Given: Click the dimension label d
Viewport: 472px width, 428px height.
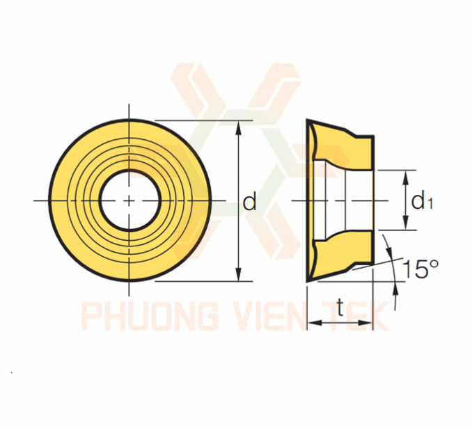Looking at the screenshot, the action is coord(249,201).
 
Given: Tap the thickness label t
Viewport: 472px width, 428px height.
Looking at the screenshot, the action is coord(340,307).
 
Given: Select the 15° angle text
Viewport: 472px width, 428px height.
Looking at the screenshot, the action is coord(420,269).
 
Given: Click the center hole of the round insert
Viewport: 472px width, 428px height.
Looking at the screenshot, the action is coord(129,200).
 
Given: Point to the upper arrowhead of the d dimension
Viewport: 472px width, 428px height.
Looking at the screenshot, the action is coord(239,127).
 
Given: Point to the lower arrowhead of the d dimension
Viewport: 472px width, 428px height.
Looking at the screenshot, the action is coord(239,274).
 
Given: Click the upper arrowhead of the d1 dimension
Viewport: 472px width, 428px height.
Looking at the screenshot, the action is coord(406,177).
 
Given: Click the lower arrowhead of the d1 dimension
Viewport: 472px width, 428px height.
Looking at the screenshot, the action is coord(406,223).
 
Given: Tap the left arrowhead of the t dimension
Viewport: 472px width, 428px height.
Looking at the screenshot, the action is coord(314,323).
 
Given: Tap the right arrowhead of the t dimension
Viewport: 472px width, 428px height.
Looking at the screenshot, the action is coord(365,323).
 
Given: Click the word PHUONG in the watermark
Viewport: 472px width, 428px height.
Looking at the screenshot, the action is coord(150,317).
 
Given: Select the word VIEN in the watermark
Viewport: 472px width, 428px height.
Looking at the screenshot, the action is coord(267,317).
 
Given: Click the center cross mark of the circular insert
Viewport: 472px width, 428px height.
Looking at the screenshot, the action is coord(129,200).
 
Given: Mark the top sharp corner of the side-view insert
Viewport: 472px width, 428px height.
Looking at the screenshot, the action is coord(307,120).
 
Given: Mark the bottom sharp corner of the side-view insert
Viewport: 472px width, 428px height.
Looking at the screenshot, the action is coord(307,282).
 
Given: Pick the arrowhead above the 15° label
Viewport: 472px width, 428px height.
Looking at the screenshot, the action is coord(390,251).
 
